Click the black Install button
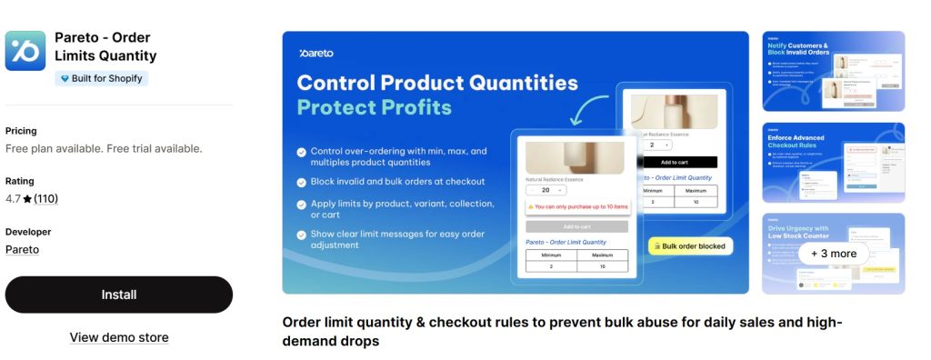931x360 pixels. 119,295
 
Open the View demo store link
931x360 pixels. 119,337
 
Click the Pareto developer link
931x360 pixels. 22,249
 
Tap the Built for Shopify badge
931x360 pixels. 101,78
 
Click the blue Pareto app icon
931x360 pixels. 25,51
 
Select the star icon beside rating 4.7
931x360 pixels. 27,199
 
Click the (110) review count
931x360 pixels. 45,199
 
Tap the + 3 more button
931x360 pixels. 834,254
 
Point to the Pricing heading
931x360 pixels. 21,131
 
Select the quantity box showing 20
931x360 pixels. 546,190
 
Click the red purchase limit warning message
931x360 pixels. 576,207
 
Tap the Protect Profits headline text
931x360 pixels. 374,107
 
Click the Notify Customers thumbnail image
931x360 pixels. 833,71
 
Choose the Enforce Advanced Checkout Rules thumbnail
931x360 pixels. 833,162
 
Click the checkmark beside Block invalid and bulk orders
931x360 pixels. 302,181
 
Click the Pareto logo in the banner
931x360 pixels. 317,54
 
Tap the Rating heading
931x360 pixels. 19,181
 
